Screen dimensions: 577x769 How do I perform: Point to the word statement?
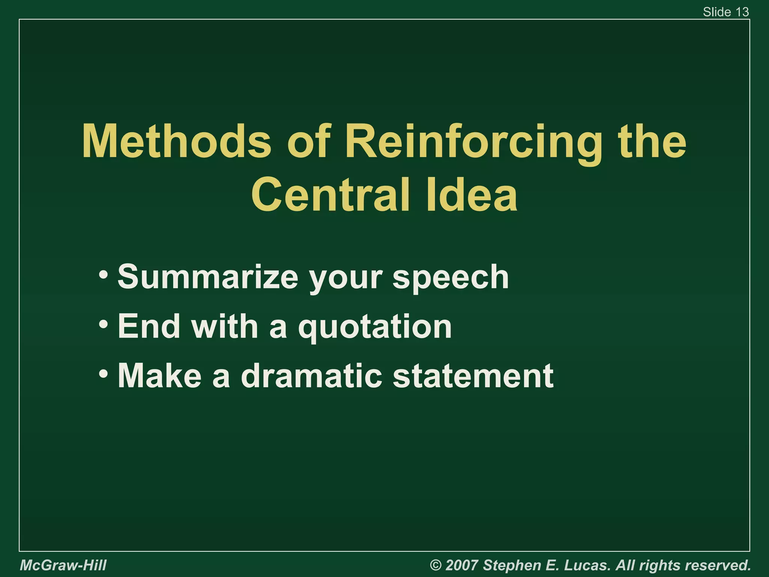(473, 376)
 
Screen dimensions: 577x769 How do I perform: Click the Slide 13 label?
(725, 12)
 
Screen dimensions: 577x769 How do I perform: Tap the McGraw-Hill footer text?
(63, 565)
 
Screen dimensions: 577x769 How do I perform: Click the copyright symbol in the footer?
(436, 565)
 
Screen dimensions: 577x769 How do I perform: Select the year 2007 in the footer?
(462, 565)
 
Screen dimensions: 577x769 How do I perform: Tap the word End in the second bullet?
(149, 326)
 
